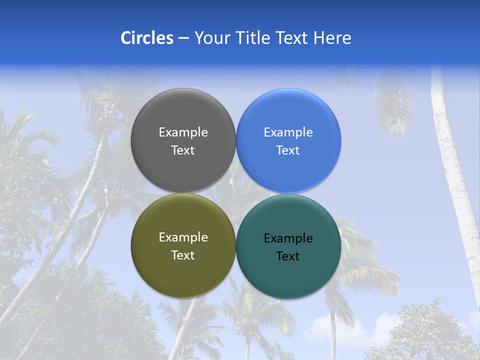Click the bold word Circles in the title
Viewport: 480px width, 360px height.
point(147,38)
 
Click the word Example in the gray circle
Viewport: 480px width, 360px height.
point(183,132)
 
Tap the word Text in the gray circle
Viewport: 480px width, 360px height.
point(183,150)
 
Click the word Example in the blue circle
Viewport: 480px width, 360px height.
point(288,132)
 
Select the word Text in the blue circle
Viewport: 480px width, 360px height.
point(288,150)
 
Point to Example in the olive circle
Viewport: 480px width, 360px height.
point(183,237)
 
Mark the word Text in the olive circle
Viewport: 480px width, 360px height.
point(183,255)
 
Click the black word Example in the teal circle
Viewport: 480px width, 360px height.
point(288,238)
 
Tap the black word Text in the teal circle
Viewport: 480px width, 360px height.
point(288,256)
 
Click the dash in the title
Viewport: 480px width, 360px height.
point(183,38)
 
